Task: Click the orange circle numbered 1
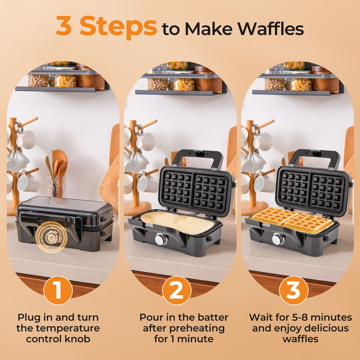[x=58, y=291]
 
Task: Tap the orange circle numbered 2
[x=176, y=291]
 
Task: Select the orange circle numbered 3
[x=293, y=291]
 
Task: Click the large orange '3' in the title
[x=66, y=27]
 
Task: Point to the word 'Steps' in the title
[x=118, y=27]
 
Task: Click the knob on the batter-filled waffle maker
[x=160, y=239]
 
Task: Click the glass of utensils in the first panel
[x=56, y=185]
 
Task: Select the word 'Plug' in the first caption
[x=30, y=318]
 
